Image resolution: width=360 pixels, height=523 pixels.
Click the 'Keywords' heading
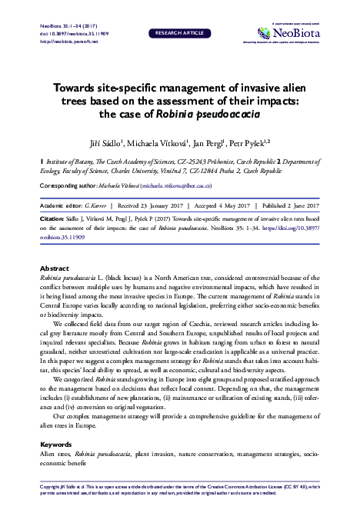tap(55, 445)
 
